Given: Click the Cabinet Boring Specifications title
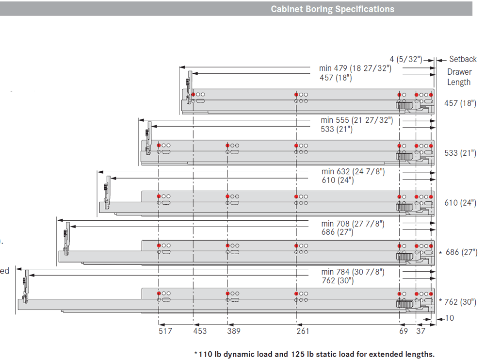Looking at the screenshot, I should pos(332,9).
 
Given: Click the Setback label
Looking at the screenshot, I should pos(463,59).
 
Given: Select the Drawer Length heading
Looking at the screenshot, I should pos(459,77).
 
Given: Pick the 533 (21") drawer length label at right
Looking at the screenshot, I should pos(460,153).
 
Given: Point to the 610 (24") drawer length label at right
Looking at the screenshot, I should pos(460,203).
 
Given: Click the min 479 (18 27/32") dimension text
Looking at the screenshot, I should pos(355,68).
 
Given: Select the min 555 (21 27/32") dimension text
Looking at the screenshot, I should pos(356,120).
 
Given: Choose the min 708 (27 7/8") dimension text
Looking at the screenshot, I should pos(353,224).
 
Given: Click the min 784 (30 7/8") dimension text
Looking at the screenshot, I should pos(353,272).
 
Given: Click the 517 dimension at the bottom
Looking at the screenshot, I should pos(165,331).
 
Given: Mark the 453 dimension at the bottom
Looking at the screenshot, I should pos(200,331).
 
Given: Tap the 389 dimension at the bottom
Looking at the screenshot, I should pos(233,331).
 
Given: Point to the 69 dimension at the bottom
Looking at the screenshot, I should pos(404,331).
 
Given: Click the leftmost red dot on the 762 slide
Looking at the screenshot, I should pos(159,294).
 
